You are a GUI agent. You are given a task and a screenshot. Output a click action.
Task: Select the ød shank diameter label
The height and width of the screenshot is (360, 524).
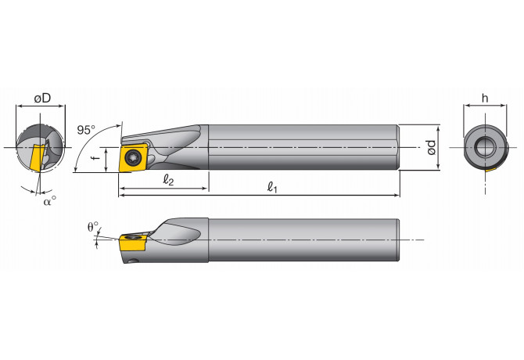click(430, 146)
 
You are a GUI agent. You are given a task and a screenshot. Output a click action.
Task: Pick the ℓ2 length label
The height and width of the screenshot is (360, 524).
click(167, 179)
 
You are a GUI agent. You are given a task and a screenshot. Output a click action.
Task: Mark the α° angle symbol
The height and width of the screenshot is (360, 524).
click(49, 200)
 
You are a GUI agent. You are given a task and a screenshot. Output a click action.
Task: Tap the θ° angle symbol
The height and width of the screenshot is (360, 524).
click(93, 228)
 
